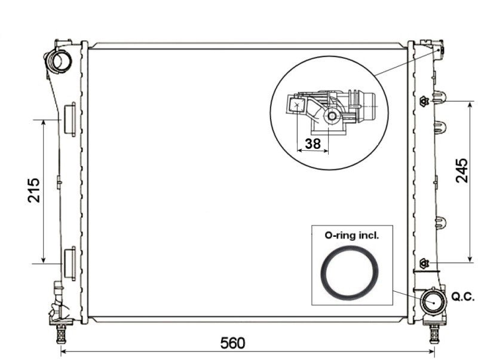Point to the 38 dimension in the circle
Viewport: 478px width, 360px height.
[312, 144]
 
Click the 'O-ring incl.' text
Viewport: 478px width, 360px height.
[351, 236]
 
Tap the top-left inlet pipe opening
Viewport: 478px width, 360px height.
[60, 60]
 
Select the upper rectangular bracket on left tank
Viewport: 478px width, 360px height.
[69, 118]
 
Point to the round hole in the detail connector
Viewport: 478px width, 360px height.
[330, 117]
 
